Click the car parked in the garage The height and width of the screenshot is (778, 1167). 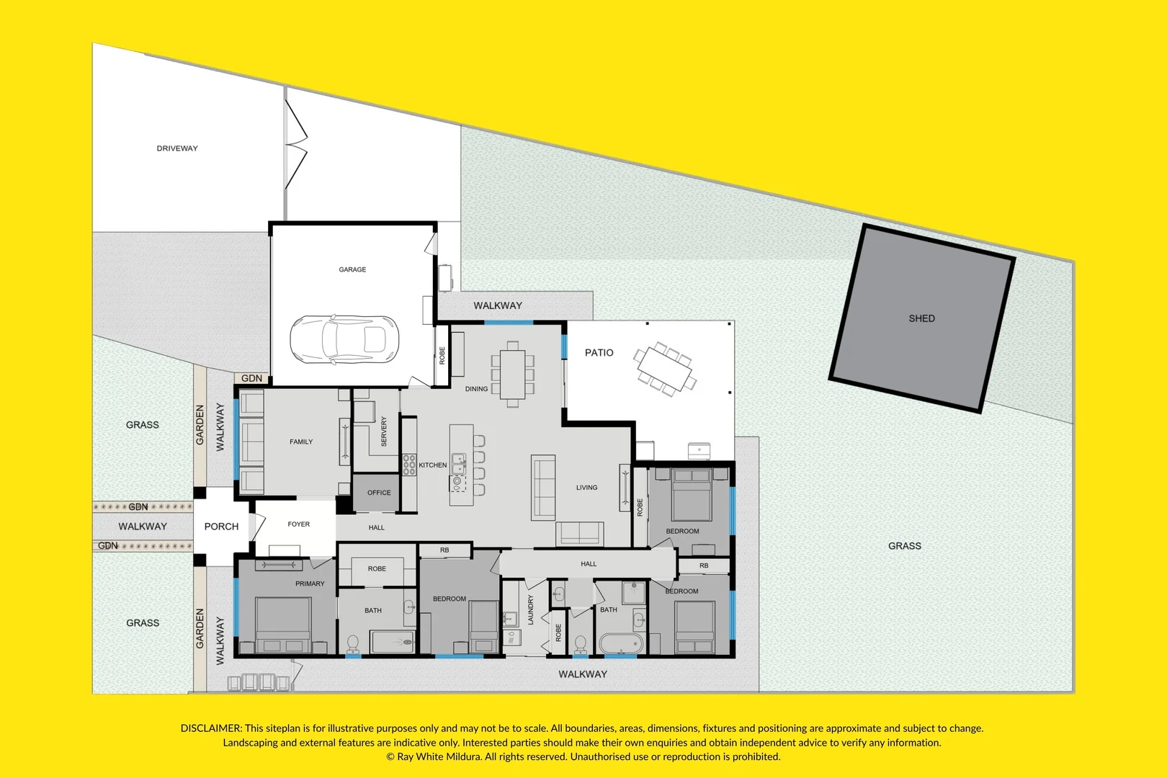(344, 339)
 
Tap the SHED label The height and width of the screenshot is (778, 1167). (921, 318)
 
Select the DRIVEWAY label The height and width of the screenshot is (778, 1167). (177, 148)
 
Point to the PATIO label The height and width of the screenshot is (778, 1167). (599, 353)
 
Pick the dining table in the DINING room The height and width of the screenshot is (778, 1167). (513, 373)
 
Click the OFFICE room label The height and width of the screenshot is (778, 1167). (379, 493)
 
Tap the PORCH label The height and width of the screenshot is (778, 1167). (221, 527)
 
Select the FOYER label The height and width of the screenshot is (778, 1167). (298, 524)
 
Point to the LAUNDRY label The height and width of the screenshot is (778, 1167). (531, 609)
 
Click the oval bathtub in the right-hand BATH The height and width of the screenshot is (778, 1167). (620, 643)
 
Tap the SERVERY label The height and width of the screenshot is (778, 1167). (384, 432)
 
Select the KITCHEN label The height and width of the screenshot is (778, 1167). (432, 465)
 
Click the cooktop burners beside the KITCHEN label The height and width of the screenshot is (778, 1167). (409, 465)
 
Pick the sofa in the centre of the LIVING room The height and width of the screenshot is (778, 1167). (543, 487)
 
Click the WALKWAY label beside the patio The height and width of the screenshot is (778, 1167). (497, 305)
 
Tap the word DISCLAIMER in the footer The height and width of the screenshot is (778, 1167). (210, 728)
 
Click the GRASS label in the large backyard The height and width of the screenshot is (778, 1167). (904, 546)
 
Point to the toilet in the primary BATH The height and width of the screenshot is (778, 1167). (353, 643)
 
